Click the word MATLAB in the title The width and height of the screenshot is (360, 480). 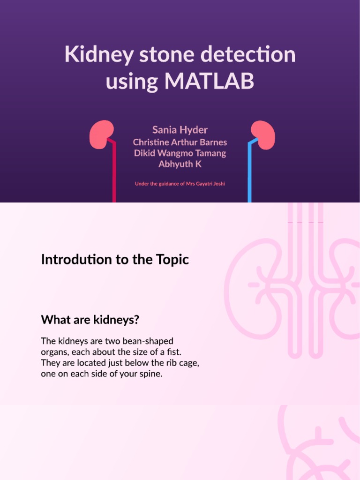coord(209,81)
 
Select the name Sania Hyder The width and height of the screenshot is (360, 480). coord(180,129)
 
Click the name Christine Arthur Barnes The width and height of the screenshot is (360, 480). coord(180,142)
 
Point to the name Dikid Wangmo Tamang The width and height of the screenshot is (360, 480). coord(180,153)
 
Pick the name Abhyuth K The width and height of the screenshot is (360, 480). coord(180,165)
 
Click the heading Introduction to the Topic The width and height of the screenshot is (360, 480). coord(115,259)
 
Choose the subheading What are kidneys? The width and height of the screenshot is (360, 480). coord(90,320)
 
